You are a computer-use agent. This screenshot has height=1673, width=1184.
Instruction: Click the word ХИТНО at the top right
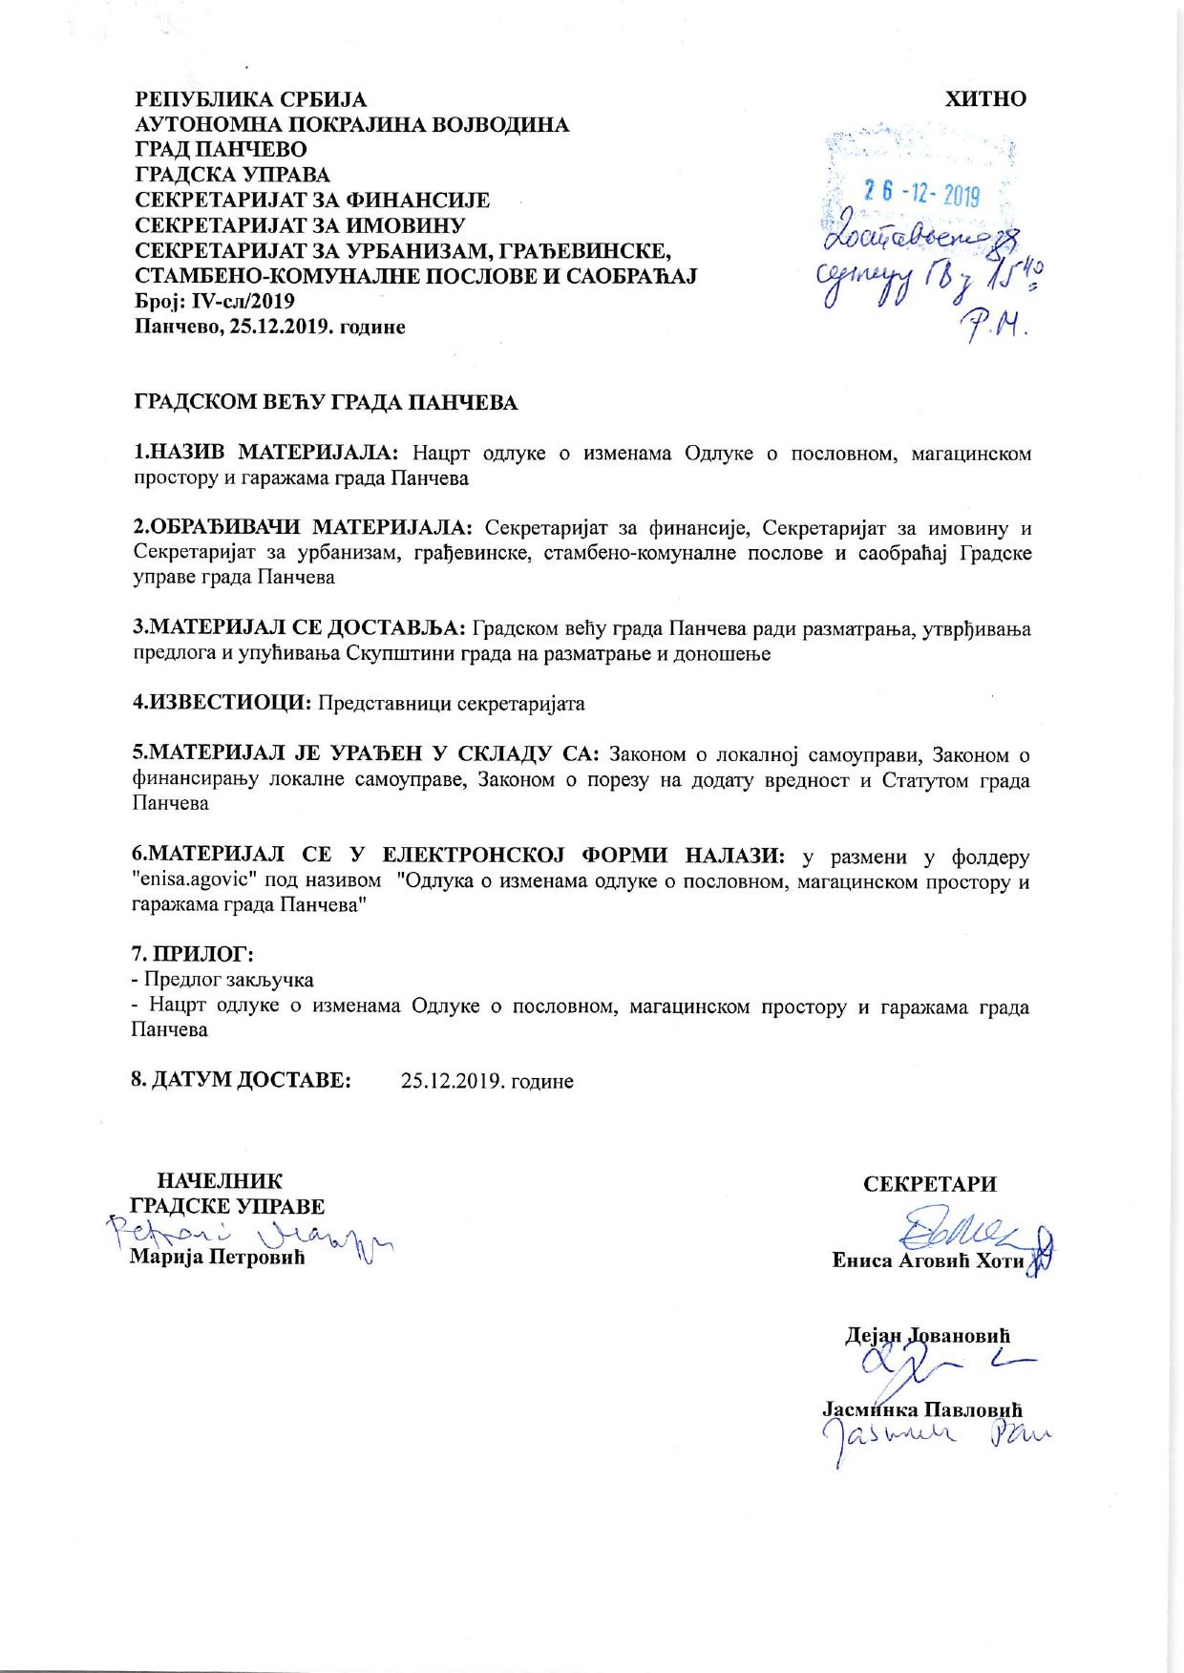point(985,99)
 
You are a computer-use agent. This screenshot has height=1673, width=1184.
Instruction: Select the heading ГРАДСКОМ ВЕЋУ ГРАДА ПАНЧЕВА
point(326,402)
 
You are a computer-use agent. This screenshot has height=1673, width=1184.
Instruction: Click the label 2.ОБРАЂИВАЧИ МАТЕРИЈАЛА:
point(303,528)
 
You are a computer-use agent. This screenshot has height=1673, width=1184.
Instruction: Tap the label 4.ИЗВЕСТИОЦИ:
point(222,704)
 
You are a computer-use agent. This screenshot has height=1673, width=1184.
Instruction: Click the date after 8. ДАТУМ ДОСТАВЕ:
point(487,1081)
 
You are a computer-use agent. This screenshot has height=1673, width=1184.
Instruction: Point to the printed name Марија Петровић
point(217,1258)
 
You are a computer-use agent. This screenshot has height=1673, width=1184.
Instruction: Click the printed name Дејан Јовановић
point(927,1335)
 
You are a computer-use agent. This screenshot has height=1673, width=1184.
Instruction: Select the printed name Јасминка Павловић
point(922,1409)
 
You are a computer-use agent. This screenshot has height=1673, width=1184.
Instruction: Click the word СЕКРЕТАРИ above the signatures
point(929,1184)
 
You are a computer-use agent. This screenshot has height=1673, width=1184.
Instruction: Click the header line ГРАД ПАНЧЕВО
point(221,150)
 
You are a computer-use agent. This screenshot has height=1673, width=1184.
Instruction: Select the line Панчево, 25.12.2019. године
point(270,328)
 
